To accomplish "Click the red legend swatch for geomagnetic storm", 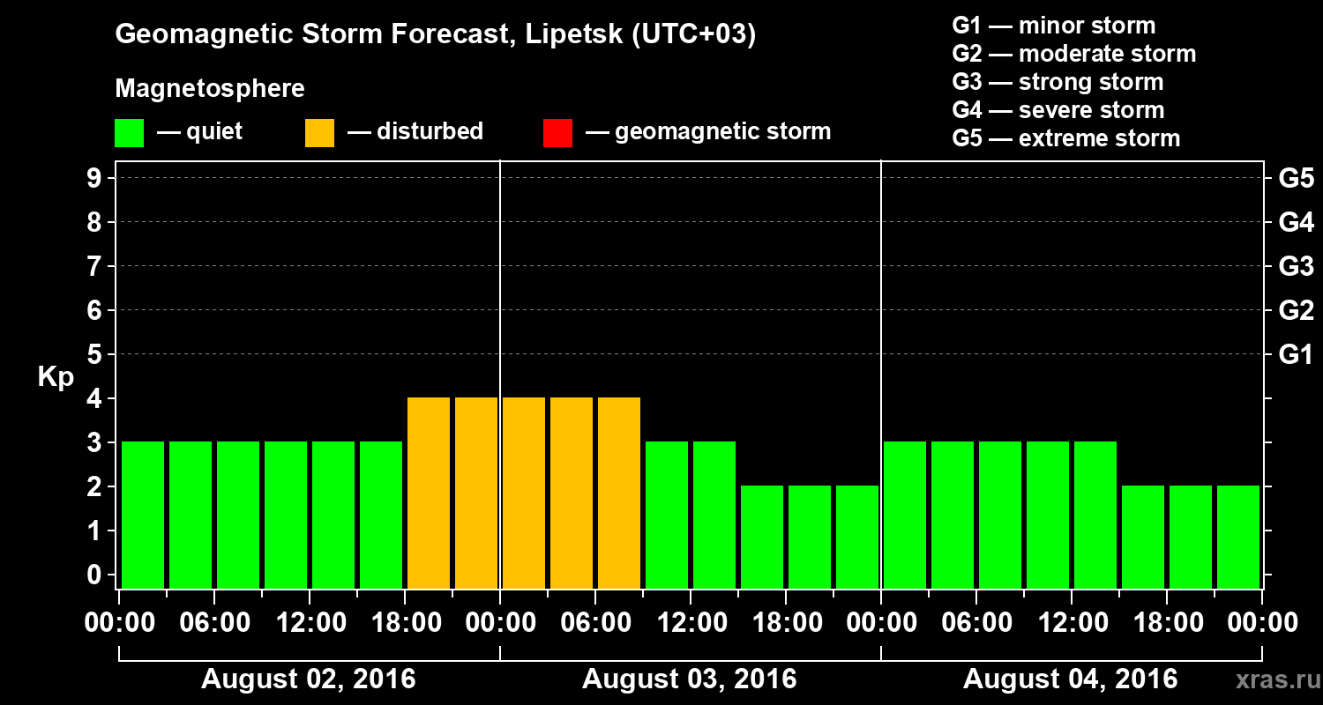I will click(x=557, y=133).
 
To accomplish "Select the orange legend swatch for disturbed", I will click(x=319, y=133).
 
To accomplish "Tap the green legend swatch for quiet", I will click(x=129, y=133).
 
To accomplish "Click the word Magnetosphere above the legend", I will click(x=210, y=89).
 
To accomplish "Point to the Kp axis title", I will click(x=56, y=377).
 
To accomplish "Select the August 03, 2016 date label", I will click(x=689, y=679).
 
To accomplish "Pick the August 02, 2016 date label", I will click(x=308, y=679).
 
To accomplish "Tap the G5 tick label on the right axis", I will click(x=1296, y=178).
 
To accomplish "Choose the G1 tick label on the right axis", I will click(x=1296, y=354).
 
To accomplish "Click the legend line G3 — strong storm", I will click(x=1058, y=82).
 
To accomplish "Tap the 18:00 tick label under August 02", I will click(x=405, y=622).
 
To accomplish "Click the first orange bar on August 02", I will click(x=429, y=493).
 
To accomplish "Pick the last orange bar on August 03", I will click(x=619, y=493).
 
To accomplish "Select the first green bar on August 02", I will click(x=143, y=515).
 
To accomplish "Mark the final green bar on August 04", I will click(x=1238, y=537).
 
